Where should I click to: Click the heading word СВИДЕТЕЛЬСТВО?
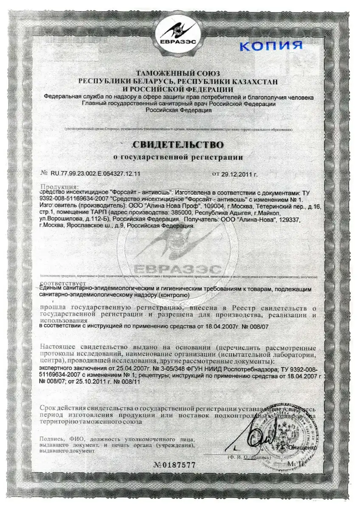point(178,145)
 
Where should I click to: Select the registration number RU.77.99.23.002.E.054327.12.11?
point(96,174)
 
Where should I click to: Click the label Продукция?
point(59,187)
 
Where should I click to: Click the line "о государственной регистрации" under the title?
point(178,157)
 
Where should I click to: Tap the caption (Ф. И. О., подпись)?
point(249,458)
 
